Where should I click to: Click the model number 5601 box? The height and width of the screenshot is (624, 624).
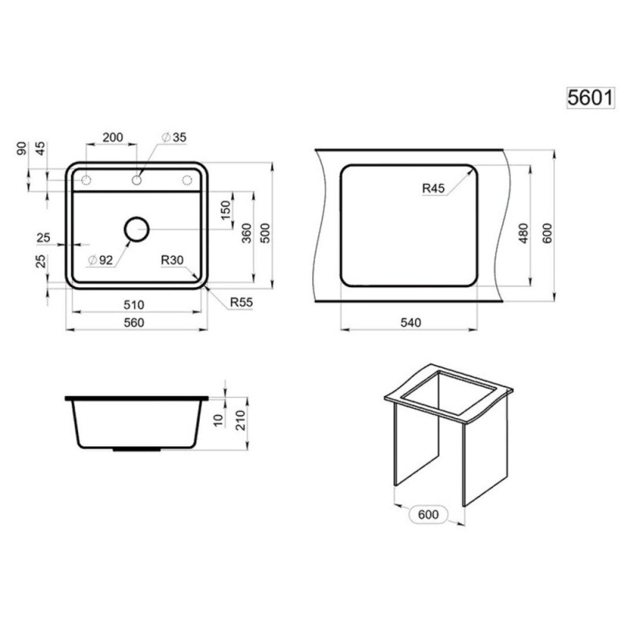590,97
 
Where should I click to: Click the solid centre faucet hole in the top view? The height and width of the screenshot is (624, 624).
136,180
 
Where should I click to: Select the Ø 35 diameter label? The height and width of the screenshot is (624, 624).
174,137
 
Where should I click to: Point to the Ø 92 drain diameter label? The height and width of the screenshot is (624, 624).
101,261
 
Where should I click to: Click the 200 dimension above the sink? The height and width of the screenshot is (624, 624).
112,137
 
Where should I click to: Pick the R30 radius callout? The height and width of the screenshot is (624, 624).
172,260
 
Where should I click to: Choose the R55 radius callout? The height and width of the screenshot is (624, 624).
241,303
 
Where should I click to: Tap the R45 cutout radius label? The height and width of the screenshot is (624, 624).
434,188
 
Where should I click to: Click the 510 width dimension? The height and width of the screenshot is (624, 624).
133,305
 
